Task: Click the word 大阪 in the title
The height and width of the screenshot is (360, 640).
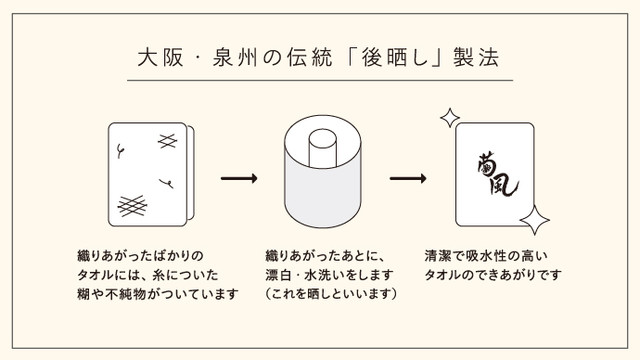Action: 160,58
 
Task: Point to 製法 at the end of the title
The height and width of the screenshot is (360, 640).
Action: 476,58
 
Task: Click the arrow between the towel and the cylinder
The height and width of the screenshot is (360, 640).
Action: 239,178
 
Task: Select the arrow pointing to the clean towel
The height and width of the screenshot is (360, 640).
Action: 408,178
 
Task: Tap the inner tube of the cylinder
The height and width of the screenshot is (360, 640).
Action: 322,148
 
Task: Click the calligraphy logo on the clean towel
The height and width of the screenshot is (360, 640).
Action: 497,174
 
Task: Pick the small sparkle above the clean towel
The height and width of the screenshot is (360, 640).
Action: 450,118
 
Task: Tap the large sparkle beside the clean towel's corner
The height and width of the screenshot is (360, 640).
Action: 535,220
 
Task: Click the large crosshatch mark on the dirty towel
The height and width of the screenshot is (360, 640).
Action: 132,205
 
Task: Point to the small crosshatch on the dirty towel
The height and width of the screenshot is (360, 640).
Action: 167,141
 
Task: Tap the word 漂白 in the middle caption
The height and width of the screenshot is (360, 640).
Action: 278,275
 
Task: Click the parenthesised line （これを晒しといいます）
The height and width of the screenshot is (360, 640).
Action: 331,293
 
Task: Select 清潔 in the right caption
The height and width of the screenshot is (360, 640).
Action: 438,256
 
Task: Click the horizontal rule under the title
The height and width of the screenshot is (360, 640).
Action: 320,80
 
